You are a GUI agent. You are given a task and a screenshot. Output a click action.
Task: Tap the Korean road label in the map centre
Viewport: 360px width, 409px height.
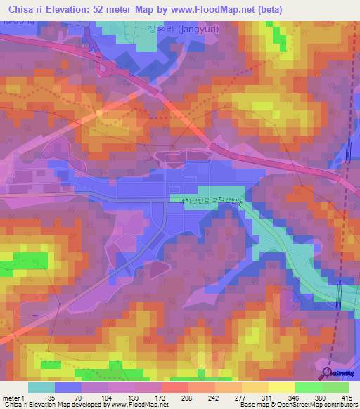tap(209, 200)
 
